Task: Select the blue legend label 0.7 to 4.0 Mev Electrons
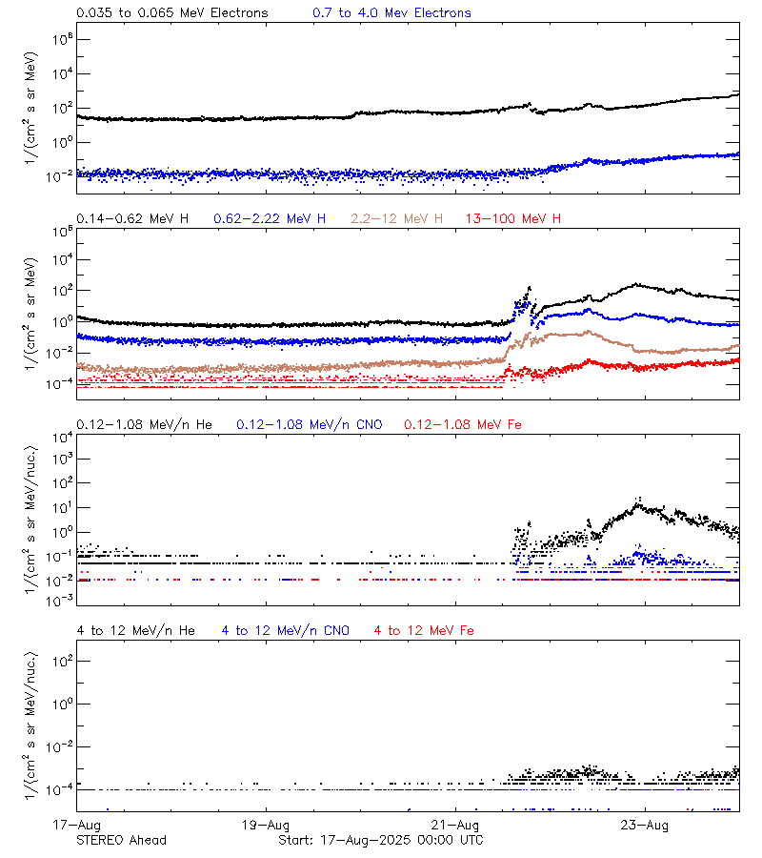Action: click(x=391, y=13)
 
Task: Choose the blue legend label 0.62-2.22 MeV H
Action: click(x=270, y=219)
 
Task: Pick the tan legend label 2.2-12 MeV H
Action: click(x=397, y=219)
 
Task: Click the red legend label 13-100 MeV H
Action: click(x=513, y=219)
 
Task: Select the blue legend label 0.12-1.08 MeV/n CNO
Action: click(x=309, y=424)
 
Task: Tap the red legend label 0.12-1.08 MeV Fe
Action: click(x=463, y=424)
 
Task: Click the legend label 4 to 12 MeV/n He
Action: click(x=135, y=630)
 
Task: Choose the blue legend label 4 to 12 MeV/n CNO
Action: click(x=285, y=630)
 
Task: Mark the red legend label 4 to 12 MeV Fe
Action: click(x=424, y=630)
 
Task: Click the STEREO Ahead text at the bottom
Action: click(x=121, y=840)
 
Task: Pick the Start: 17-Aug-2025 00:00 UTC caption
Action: click(x=380, y=840)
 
